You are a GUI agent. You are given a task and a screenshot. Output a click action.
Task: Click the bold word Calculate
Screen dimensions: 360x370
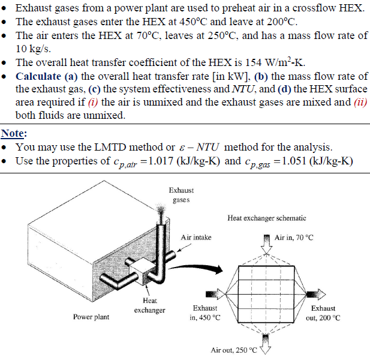tap(40, 76)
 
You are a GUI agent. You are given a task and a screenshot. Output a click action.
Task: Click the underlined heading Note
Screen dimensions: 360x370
tap(13, 133)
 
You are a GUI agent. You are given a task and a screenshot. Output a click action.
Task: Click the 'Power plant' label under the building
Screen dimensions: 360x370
tap(91, 317)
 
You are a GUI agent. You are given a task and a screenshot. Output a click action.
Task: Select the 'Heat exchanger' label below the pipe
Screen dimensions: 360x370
tap(149, 305)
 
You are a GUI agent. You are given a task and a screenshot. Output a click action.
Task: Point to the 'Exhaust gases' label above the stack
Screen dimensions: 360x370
tap(181, 195)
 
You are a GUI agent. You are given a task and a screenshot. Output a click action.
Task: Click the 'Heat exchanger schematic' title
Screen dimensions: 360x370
tap(267, 218)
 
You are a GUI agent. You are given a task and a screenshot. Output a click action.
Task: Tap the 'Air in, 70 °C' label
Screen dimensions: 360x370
tap(294, 238)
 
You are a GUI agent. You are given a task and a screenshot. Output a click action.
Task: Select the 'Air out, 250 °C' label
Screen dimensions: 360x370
tap(233, 350)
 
